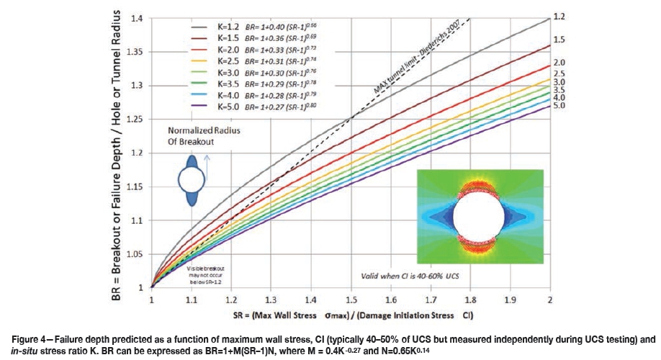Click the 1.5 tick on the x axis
(x=350, y=297)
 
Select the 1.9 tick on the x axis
(x=510, y=297)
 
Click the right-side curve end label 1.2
(x=559, y=15)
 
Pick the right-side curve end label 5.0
(x=559, y=106)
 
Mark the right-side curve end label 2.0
(x=559, y=63)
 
